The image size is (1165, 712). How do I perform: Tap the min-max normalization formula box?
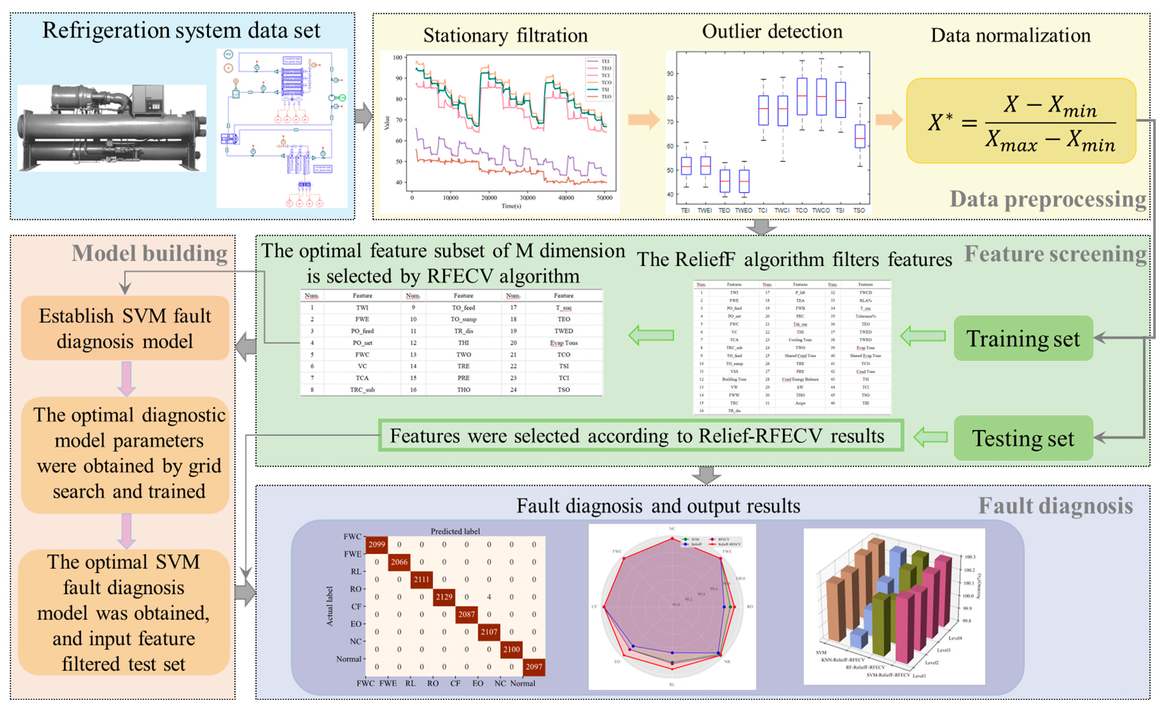[1021, 121]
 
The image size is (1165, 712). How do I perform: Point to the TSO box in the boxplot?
[860, 136]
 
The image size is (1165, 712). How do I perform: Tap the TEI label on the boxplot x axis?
[685, 210]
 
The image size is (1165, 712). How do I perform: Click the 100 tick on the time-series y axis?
[398, 58]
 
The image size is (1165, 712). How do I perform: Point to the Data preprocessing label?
[1048, 199]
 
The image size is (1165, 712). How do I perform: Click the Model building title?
[149, 253]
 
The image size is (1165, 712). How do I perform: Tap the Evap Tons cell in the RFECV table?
[564, 343]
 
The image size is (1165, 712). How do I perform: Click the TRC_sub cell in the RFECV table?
[362, 389]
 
